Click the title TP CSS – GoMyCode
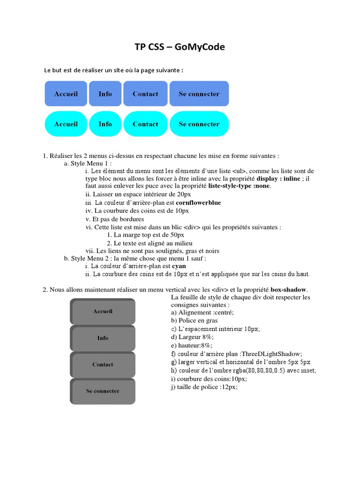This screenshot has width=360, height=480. click(x=180, y=47)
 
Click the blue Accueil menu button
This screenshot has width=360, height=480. click(x=66, y=94)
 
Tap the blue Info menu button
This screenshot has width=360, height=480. click(x=105, y=94)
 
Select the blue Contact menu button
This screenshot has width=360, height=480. click(x=145, y=94)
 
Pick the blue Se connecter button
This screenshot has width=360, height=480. click(x=199, y=94)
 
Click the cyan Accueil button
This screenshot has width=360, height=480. click(x=66, y=124)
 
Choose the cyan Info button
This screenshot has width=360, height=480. click(x=105, y=124)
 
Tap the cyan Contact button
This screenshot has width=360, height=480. click(x=145, y=124)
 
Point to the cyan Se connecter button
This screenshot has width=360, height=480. click(x=199, y=124)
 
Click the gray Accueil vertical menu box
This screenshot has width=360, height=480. click(x=103, y=311)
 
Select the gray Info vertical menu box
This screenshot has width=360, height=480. click(x=103, y=338)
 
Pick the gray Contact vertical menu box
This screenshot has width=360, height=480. click(x=103, y=364)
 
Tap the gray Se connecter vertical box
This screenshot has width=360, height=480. click(x=103, y=391)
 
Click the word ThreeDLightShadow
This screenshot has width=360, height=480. click(x=271, y=353)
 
